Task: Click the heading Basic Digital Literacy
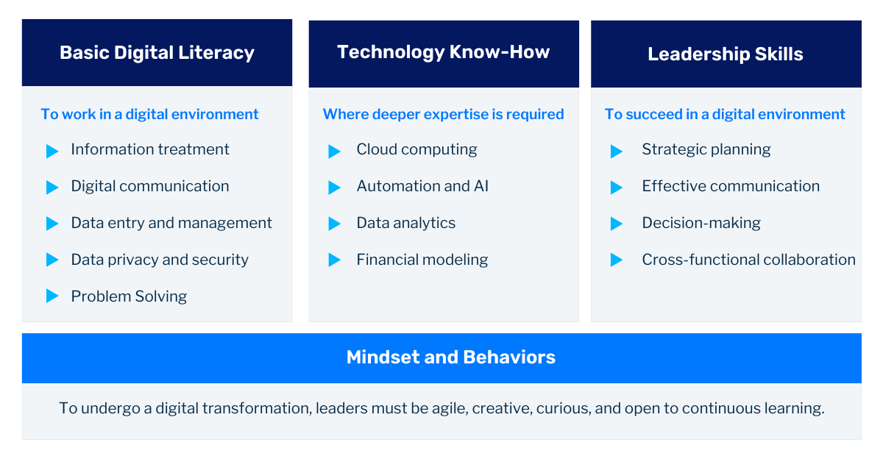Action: tap(157, 53)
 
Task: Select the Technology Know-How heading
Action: tap(444, 52)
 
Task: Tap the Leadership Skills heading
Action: tap(726, 54)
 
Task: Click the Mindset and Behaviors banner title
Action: tap(450, 358)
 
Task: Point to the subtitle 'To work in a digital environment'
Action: tap(150, 114)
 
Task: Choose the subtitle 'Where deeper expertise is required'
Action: tap(443, 114)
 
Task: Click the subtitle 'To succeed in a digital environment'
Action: tap(725, 114)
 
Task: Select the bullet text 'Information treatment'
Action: tap(150, 149)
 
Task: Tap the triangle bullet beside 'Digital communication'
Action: tap(52, 187)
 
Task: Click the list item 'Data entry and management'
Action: tap(171, 223)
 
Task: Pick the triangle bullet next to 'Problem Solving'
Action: tap(52, 296)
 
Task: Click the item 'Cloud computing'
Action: tap(416, 149)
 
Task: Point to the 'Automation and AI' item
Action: tap(422, 186)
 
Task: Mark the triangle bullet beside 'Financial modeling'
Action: tap(334, 260)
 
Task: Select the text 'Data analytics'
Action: tap(406, 223)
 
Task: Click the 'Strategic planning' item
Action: tap(706, 149)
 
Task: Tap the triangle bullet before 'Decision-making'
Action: tap(617, 224)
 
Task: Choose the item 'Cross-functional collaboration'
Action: tap(748, 260)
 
